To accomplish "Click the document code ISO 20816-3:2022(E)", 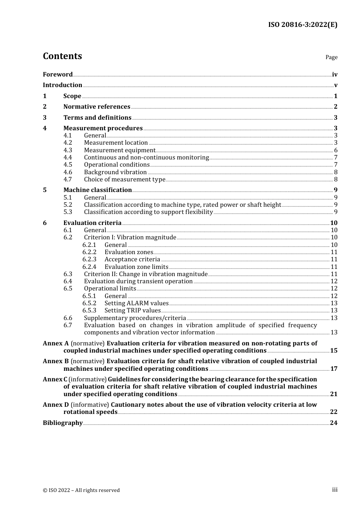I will click(302, 25).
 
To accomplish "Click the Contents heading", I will click(62, 56).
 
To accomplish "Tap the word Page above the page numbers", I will click(331, 57).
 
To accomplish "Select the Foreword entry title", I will click(58, 74).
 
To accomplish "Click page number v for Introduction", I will click(335, 85).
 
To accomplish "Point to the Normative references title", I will click(97, 107).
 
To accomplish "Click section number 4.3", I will click(68, 150).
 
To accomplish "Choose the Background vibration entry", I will click(115, 172).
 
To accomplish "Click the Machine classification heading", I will click(97, 190).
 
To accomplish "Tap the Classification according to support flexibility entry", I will click(148, 212).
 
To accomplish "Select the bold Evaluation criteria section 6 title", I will click(92, 223).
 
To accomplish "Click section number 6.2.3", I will click(89, 259).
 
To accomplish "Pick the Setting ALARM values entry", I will click(136, 303).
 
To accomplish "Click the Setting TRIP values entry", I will click(133, 311).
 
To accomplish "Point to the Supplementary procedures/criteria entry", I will click(135, 318).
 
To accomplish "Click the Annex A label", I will click(56, 343).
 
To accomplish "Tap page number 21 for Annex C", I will click(333, 394).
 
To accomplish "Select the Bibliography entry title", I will click(63, 423).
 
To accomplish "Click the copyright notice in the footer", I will click(81, 490).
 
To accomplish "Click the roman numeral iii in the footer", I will click(335, 490).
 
